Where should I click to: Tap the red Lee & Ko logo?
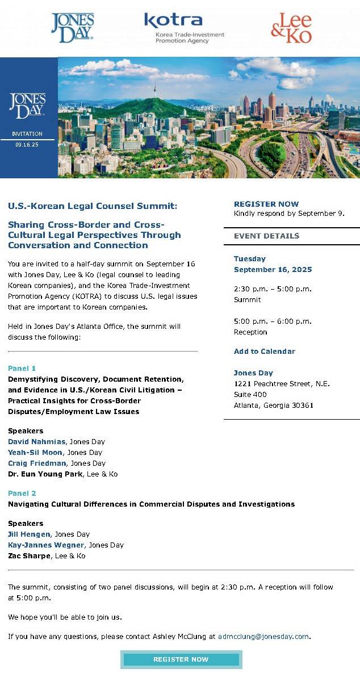291,28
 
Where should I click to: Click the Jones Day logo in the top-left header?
72,28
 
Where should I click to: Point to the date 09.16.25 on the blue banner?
27,145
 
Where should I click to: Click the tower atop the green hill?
154,90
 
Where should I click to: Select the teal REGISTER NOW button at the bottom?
181,659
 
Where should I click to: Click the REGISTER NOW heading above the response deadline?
266,204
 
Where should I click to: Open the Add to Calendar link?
265,352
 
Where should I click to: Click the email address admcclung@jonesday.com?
264,637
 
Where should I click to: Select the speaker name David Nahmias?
37,442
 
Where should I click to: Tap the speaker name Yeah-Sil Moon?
35,453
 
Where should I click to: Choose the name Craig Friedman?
37,463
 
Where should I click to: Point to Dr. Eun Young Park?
45,474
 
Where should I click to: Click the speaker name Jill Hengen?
30,534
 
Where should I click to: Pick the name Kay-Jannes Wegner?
46,545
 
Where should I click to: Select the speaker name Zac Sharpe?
28,556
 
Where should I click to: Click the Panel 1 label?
22,369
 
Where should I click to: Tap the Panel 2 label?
22,494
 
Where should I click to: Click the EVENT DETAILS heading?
266,236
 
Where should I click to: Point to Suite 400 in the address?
250,395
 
